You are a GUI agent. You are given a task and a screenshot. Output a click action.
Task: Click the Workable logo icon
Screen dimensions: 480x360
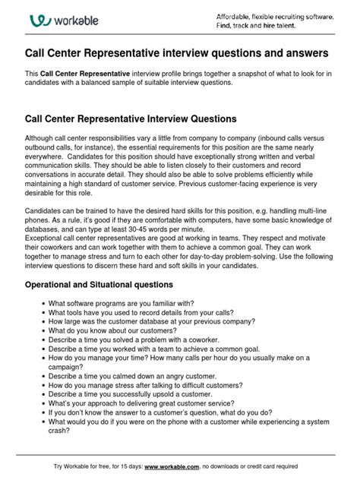click(x=39, y=21)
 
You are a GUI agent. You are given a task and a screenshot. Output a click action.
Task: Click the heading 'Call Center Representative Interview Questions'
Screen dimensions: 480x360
click(x=131, y=119)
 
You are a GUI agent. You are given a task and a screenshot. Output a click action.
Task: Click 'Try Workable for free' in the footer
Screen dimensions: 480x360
click(x=86, y=466)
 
